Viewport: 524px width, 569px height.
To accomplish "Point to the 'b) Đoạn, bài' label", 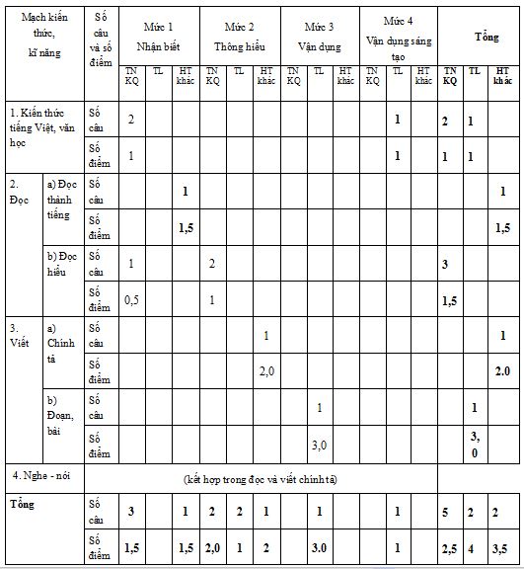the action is [x=63, y=415].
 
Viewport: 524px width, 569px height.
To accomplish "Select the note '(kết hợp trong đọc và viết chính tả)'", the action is [x=261, y=478].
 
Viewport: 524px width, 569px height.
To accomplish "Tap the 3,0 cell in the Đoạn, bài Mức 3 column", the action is [x=319, y=444].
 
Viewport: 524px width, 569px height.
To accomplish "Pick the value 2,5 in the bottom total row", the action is [x=450, y=546].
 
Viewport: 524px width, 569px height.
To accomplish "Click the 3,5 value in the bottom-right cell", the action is [x=502, y=546].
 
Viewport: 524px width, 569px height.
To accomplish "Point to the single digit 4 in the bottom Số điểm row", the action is [x=475, y=546].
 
